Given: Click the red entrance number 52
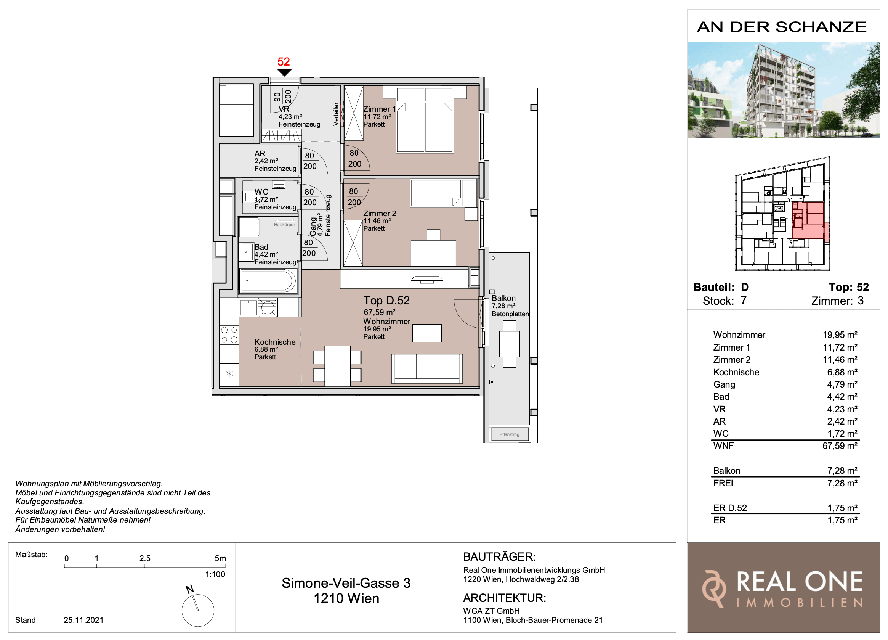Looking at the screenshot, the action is point(284,61).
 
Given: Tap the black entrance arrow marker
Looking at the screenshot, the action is point(284,72).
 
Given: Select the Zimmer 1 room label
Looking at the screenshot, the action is point(379,109).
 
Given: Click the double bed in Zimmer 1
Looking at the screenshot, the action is point(425,120).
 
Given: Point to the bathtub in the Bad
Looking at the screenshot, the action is point(269,281).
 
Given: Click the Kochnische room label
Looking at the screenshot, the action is point(275,342).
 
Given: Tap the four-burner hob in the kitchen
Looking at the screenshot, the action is point(229,335).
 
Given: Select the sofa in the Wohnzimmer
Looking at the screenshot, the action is point(427,368).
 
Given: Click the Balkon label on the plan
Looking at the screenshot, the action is point(503,298).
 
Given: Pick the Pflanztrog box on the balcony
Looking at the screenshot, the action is point(510,434).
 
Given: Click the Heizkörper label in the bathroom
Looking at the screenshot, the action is point(285,225).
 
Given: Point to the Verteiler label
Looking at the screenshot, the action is point(335,114).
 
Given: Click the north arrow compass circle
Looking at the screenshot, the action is point(198,610).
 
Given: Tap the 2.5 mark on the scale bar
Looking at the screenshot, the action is point(145,558).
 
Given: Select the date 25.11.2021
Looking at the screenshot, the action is point(84,620).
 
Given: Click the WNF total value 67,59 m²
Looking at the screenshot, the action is point(840,445).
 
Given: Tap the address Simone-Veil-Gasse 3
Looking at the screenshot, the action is point(346,583).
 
